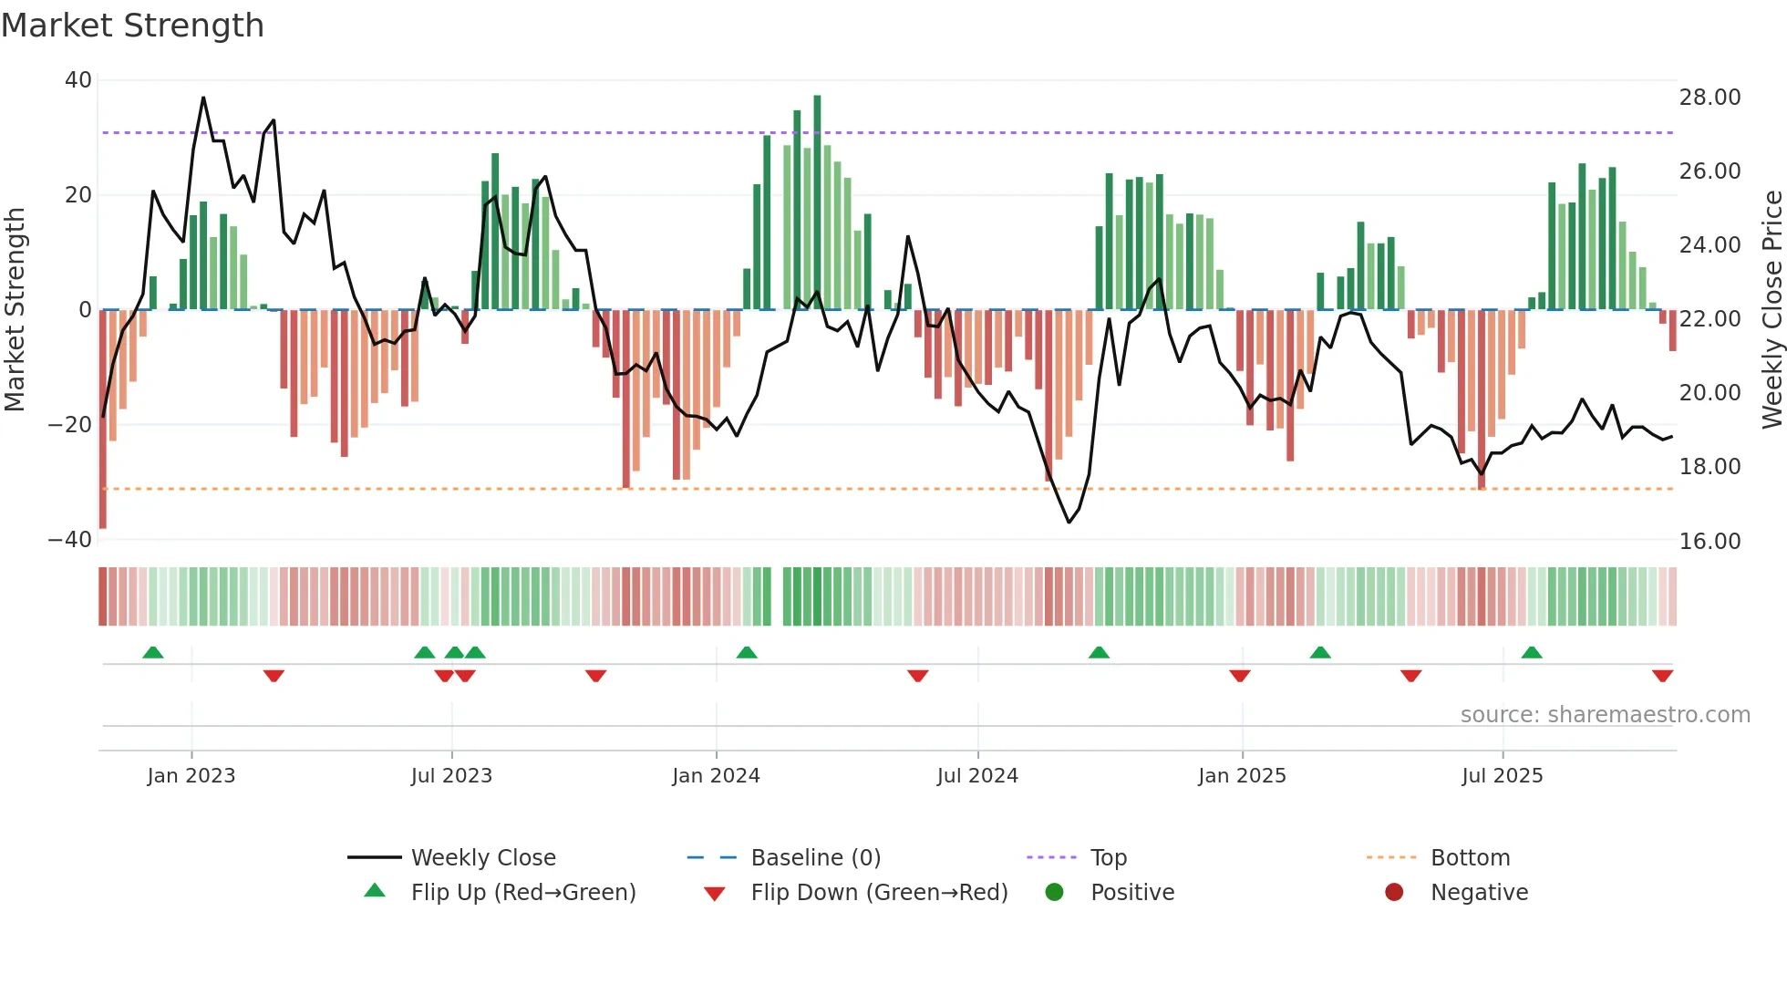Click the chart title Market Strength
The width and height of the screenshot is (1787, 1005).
(132, 26)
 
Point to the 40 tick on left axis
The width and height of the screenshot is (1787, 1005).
(78, 80)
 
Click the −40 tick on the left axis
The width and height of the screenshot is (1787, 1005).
(70, 540)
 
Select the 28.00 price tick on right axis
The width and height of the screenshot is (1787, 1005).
(1710, 98)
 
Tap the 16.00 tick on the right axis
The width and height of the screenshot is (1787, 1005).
(1710, 542)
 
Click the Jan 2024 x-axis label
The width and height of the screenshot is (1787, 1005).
(716, 776)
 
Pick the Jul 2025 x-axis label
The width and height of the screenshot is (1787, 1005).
(1502, 776)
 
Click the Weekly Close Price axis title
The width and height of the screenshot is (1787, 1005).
(1772, 310)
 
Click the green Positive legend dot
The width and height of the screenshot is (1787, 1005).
(1055, 892)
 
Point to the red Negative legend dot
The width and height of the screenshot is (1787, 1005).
(1394, 892)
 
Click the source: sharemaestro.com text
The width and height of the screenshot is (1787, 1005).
(1605, 715)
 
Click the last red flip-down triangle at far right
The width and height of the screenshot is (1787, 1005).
(1662, 676)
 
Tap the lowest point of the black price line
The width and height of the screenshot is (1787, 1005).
(1069, 523)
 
